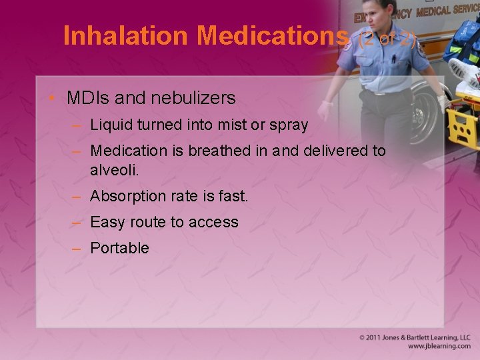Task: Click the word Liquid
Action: click(x=110, y=125)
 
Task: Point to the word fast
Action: click(x=233, y=197)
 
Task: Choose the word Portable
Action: click(x=119, y=248)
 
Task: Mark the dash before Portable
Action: click(x=77, y=248)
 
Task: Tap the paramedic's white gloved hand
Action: click(x=326, y=109)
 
